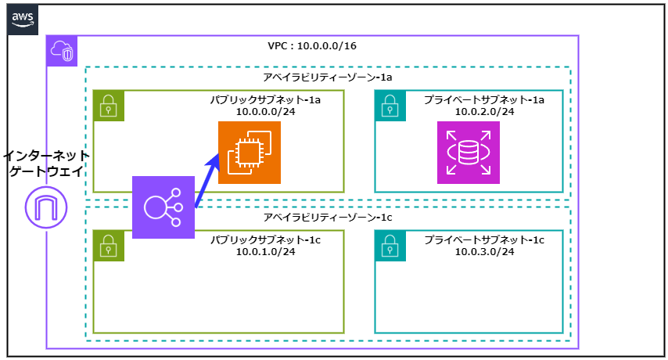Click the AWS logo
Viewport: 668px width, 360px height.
pyautogui.click(x=23, y=19)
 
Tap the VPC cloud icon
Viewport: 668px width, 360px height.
pyautogui.click(x=62, y=51)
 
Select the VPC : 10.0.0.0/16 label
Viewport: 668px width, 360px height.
pyautogui.click(x=312, y=46)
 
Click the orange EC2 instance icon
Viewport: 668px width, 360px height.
pyautogui.click(x=249, y=153)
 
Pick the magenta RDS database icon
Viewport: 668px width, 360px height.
pyautogui.click(x=468, y=153)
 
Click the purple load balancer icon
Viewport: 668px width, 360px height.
pyautogui.click(x=163, y=207)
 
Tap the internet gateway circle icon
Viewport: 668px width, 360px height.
pyautogui.click(x=46, y=207)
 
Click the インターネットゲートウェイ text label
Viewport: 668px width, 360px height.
pyautogui.click(x=46, y=164)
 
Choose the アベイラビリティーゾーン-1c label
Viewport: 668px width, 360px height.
pyautogui.click(x=327, y=217)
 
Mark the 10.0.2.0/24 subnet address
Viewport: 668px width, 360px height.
pyautogui.click(x=484, y=112)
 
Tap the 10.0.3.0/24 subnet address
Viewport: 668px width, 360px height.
pyautogui.click(x=484, y=251)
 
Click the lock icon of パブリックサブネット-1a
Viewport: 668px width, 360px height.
pyautogui.click(x=109, y=106)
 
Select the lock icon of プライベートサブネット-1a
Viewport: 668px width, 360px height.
pyautogui.click(x=390, y=106)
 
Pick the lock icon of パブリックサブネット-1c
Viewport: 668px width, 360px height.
pyautogui.click(x=109, y=246)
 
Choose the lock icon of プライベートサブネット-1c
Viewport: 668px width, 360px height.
pyautogui.click(x=390, y=246)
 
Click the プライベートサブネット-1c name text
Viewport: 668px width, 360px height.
pyautogui.click(x=484, y=239)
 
